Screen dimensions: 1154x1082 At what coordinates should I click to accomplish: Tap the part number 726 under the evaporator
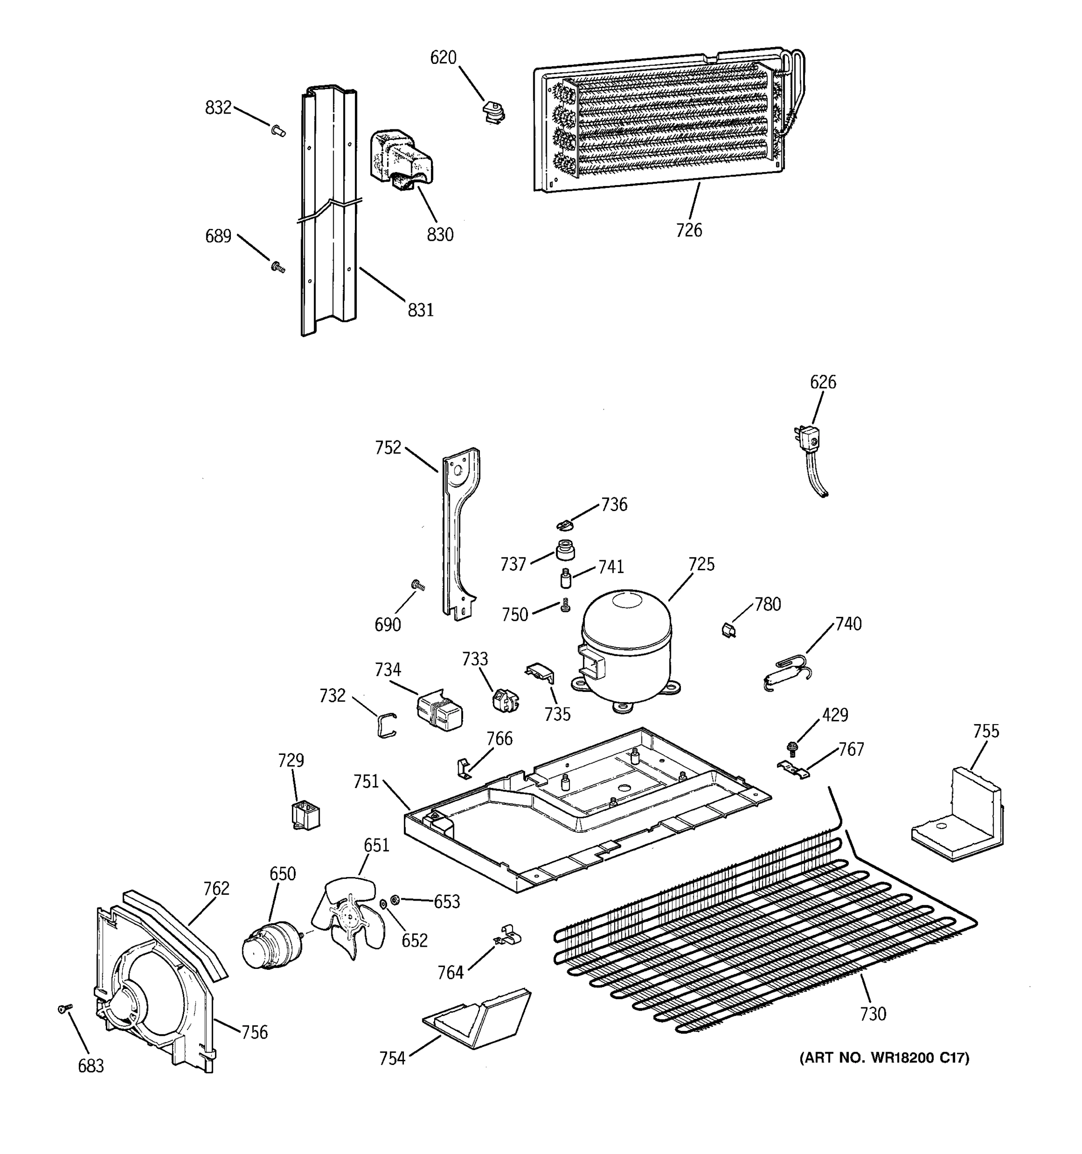(x=689, y=230)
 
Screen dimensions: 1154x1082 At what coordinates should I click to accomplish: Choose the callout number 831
(x=420, y=310)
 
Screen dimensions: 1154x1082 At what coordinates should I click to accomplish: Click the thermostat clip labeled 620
(x=493, y=112)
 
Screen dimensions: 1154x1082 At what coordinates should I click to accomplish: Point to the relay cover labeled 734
(x=440, y=712)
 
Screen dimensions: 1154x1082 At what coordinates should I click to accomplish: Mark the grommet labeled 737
(x=565, y=550)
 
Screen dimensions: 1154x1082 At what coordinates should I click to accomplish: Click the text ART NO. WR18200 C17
(x=884, y=1058)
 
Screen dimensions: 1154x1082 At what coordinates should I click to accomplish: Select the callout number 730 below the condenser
(x=872, y=1014)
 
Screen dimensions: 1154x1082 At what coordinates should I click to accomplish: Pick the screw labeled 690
(x=417, y=586)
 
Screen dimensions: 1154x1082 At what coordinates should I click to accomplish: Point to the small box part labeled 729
(x=305, y=815)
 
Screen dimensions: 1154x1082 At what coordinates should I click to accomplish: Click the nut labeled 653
(x=395, y=899)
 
